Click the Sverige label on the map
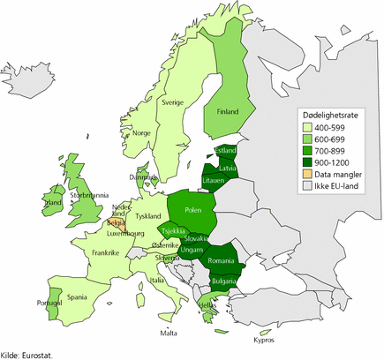170,101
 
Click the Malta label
169,332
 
